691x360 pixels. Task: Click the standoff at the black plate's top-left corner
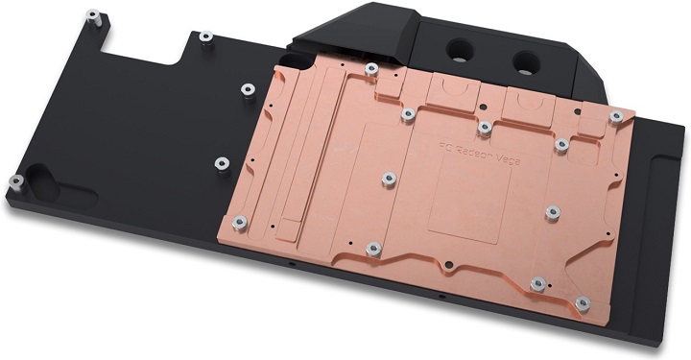(92, 17)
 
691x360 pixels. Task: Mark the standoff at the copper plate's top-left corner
(371, 67)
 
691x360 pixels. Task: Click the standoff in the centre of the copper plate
(389, 177)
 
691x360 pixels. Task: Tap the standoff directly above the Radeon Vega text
(485, 125)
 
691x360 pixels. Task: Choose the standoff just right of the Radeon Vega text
(561, 144)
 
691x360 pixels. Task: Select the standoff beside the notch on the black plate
(204, 37)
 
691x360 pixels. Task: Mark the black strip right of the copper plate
(662, 192)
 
